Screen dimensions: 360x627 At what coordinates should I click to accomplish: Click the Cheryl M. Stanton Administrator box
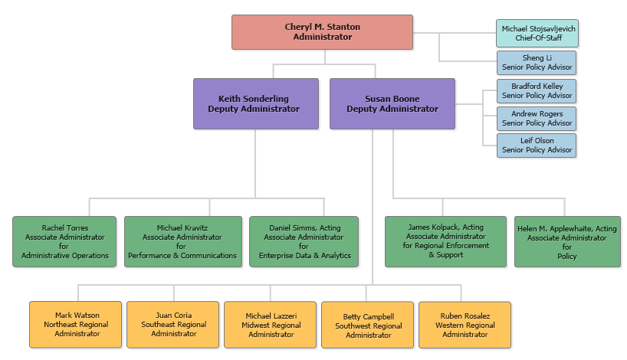322,32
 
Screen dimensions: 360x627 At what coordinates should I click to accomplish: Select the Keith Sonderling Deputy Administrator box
256,103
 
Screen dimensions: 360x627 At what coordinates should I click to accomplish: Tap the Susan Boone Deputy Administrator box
392,103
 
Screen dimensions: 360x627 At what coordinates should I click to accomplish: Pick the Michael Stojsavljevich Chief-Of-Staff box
536,33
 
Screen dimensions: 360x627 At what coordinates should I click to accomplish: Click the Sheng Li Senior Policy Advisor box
536,63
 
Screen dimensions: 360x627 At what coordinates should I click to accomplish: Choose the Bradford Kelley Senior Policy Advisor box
536,91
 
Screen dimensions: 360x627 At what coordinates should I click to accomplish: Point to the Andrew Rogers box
536,119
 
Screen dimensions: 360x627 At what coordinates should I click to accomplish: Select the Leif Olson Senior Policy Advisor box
536,146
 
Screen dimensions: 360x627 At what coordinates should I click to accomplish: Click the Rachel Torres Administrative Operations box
64,241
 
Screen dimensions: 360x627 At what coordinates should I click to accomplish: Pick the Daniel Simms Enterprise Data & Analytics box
304,241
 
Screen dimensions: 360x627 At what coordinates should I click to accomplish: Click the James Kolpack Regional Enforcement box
445,241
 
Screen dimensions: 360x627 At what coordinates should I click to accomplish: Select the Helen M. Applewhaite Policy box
567,241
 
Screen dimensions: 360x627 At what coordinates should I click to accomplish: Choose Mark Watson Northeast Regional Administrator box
76,325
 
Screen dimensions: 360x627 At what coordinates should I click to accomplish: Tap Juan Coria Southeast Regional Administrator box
173,325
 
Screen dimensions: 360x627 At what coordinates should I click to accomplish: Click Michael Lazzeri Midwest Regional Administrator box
271,325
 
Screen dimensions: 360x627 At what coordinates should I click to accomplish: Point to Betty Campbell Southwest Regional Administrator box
368,325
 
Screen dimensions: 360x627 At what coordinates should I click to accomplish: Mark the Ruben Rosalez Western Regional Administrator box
465,325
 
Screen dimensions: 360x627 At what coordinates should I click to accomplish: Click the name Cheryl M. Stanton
322,28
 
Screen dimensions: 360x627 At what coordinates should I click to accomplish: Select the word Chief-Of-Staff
536,38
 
